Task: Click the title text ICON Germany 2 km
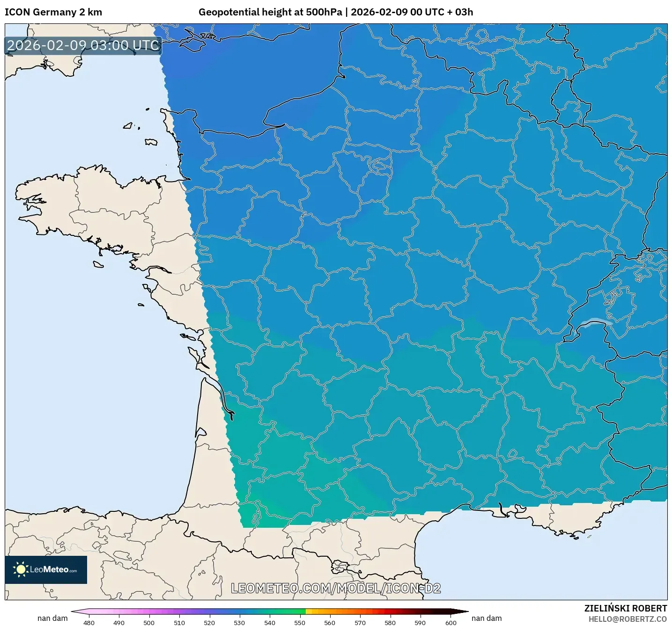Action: click(53, 12)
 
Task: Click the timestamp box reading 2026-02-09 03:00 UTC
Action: click(83, 45)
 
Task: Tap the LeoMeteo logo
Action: click(46, 569)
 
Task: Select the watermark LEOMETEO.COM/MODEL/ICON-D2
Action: click(336, 588)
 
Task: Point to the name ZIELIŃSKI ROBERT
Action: click(625, 608)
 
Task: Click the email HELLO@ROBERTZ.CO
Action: click(627, 619)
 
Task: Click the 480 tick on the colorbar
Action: click(89, 622)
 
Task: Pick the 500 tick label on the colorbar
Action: click(149, 622)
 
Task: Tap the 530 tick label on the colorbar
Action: click(239, 622)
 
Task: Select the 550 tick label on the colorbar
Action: click(300, 622)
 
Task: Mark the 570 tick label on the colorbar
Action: click(360, 622)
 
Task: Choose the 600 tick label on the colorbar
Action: click(450, 622)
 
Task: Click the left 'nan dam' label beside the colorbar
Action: click(52, 618)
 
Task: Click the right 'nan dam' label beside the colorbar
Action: click(487, 618)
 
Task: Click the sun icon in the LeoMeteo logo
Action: click(20, 569)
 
